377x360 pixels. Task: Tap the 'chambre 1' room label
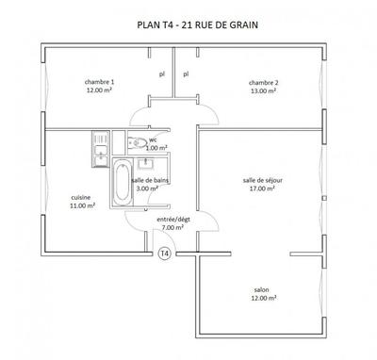99,82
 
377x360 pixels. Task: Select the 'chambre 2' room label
263,82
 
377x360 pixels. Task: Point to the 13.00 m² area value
263,91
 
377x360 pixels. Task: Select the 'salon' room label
262,289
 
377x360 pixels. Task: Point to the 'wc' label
153,139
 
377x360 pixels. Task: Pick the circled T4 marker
165,253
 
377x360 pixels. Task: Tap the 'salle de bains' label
151,179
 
